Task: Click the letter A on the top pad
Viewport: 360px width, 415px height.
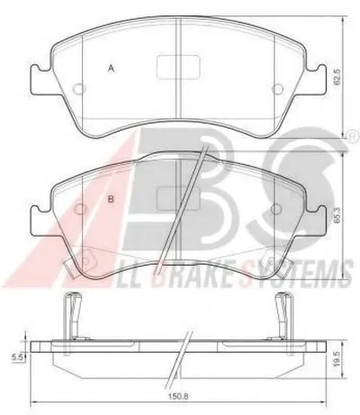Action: click(112, 68)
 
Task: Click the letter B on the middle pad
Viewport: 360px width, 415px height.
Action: click(112, 199)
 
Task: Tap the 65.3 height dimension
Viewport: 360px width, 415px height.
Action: click(337, 215)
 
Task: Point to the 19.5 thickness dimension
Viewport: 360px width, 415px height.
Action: click(338, 359)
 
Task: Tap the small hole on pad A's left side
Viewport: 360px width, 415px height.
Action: click(79, 89)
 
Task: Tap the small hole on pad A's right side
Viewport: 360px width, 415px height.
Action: click(277, 89)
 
